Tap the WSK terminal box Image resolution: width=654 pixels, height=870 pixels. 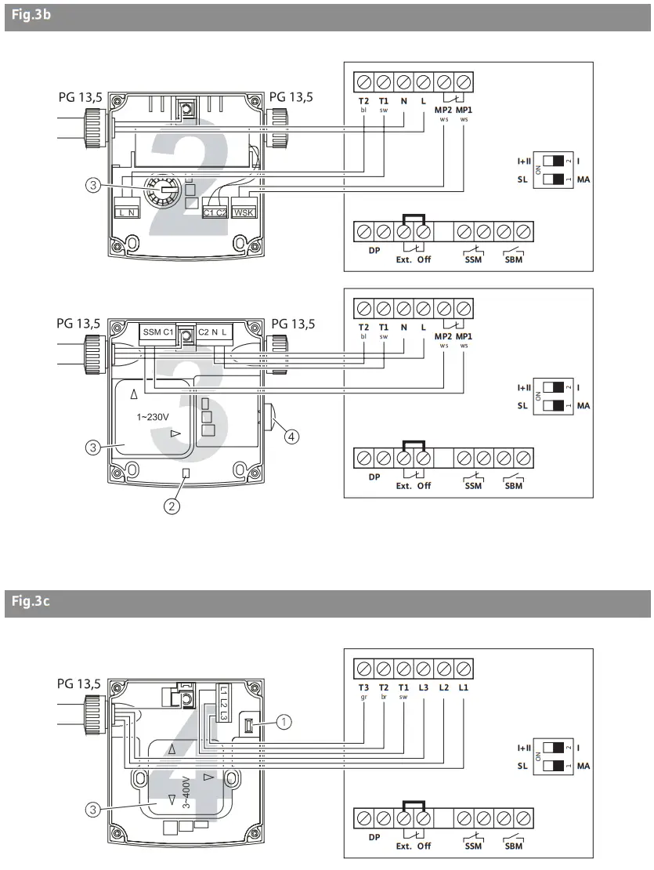click(x=244, y=212)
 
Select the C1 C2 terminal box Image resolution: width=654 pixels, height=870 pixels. click(x=214, y=212)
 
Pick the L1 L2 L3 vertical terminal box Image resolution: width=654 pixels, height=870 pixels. click(x=222, y=702)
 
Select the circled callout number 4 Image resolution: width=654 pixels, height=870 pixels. click(x=291, y=437)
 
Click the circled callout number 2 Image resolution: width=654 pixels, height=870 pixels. click(x=172, y=506)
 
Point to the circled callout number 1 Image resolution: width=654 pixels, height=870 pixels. click(x=283, y=723)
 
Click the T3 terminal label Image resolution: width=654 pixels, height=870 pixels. click(x=364, y=687)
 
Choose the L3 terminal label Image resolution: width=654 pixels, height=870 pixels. click(x=424, y=687)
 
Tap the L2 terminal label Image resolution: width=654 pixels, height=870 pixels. click(x=443, y=687)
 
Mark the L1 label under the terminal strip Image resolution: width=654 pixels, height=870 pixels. click(x=463, y=687)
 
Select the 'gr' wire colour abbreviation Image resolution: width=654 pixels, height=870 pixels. click(x=364, y=697)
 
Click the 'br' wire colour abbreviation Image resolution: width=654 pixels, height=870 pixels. click(x=384, y=697)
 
